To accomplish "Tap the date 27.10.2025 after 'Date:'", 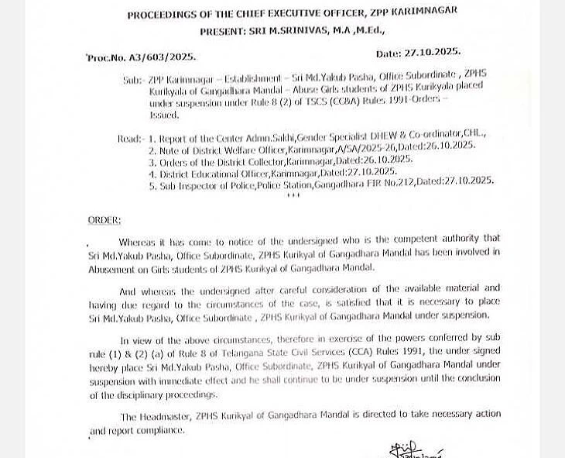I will point(432,53).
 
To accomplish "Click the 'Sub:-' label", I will point(133,80).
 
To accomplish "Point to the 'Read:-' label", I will point(130,139).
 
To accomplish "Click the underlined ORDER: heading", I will point(104,220).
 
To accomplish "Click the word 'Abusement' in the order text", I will point(112,268).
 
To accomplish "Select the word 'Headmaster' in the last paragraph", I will point(166,416).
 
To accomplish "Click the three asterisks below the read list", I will point(293,195).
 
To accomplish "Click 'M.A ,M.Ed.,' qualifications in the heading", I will point(354,30).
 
